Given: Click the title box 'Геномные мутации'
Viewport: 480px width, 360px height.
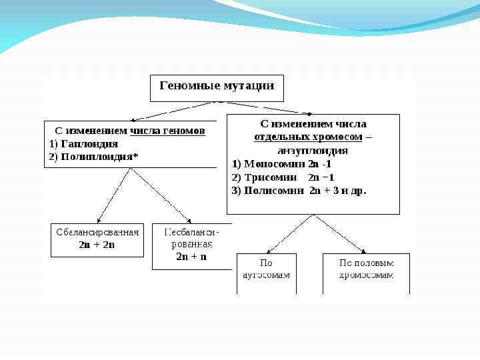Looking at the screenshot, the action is click(x=217, y=87).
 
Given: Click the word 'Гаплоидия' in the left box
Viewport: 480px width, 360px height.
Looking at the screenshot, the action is click(x=89, y=144).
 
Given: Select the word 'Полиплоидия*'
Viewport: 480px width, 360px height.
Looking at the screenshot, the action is click(x=99, y=157).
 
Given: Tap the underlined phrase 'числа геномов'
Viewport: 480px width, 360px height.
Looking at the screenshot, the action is click(x=167, y=131).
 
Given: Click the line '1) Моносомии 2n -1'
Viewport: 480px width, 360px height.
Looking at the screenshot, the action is click(x=281, y=164).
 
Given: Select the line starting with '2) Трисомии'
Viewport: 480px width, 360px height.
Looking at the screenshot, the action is click(x=283, y=177).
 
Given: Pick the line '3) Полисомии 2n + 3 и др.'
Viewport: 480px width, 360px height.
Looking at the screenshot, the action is click(x=299, y=191).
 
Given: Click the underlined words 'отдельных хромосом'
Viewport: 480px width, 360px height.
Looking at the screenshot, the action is click(x=307, y=137).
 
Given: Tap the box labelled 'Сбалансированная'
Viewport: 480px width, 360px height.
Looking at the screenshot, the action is click(x=97, y=239).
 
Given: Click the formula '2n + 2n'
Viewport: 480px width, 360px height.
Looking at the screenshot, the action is click(x=97, y=245).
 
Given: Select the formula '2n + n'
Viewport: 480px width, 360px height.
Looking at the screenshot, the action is click(x=191, y=256).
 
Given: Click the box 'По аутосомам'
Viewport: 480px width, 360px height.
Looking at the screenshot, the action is click(x=266, y=273).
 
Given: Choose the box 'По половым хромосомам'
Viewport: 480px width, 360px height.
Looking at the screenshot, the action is click(x=366, y=273).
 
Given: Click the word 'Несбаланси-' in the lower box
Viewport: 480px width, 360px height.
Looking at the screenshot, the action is click(x=191, y=233).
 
